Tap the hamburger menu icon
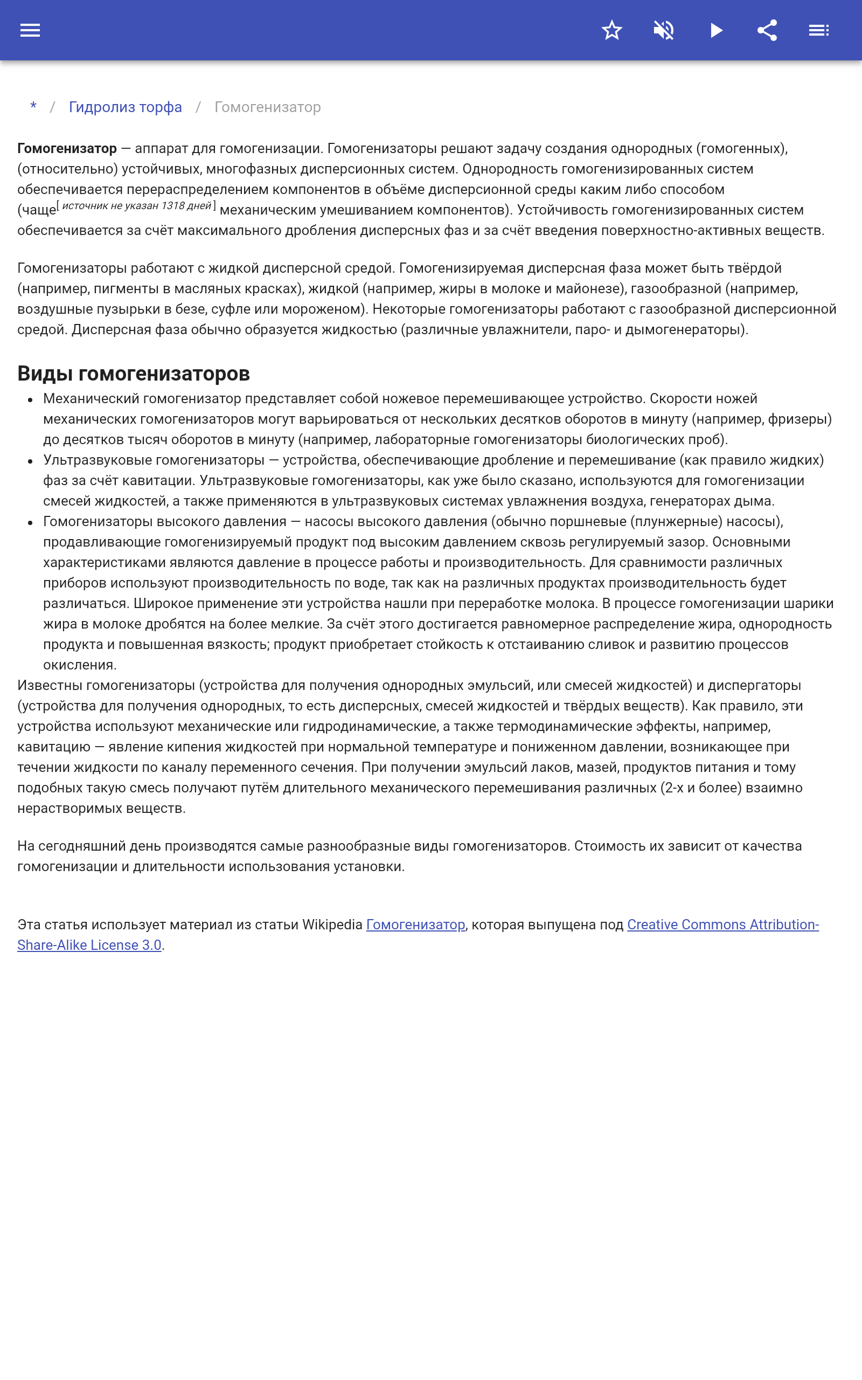click(30, 30)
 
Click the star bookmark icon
click(611, 30)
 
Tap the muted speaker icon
click(664, 30)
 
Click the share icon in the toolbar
click(767, 30)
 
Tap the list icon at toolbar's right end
click(819, 30)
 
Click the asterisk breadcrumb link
click(33, 107)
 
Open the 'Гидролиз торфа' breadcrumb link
click(126, 107)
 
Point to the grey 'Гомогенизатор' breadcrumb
click(267, 107)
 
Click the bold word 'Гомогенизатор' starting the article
click(67, 149)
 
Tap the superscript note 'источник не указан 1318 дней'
click(136, 206)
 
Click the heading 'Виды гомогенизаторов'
click(134, 374)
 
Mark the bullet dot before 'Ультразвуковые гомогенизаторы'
click(30, 461)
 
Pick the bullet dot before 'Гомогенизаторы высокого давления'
click(30, 523)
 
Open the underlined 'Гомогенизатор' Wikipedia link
click(415, 925)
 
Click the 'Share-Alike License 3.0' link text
click(89, 946)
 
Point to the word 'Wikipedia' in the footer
click(332, 925)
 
